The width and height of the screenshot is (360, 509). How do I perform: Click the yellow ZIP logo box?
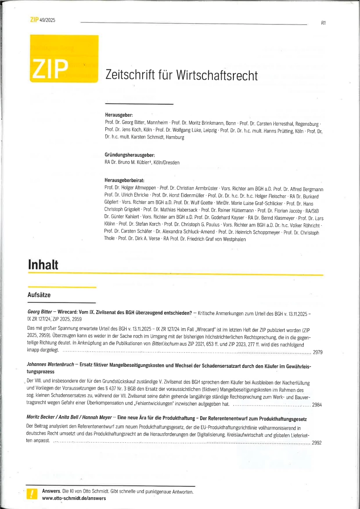64,59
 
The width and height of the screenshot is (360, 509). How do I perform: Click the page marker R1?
323,23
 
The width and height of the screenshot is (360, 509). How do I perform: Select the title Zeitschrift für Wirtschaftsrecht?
181,75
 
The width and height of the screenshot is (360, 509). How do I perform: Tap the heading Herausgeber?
117,116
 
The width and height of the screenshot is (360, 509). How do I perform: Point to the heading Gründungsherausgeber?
130,155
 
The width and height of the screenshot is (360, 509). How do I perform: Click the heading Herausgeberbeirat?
124,180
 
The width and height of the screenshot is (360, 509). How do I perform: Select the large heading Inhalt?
43,265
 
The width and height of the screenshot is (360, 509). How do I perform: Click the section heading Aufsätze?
39,295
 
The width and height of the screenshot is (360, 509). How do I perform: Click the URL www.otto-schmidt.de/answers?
74,498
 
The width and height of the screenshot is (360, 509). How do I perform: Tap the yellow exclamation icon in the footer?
32,494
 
